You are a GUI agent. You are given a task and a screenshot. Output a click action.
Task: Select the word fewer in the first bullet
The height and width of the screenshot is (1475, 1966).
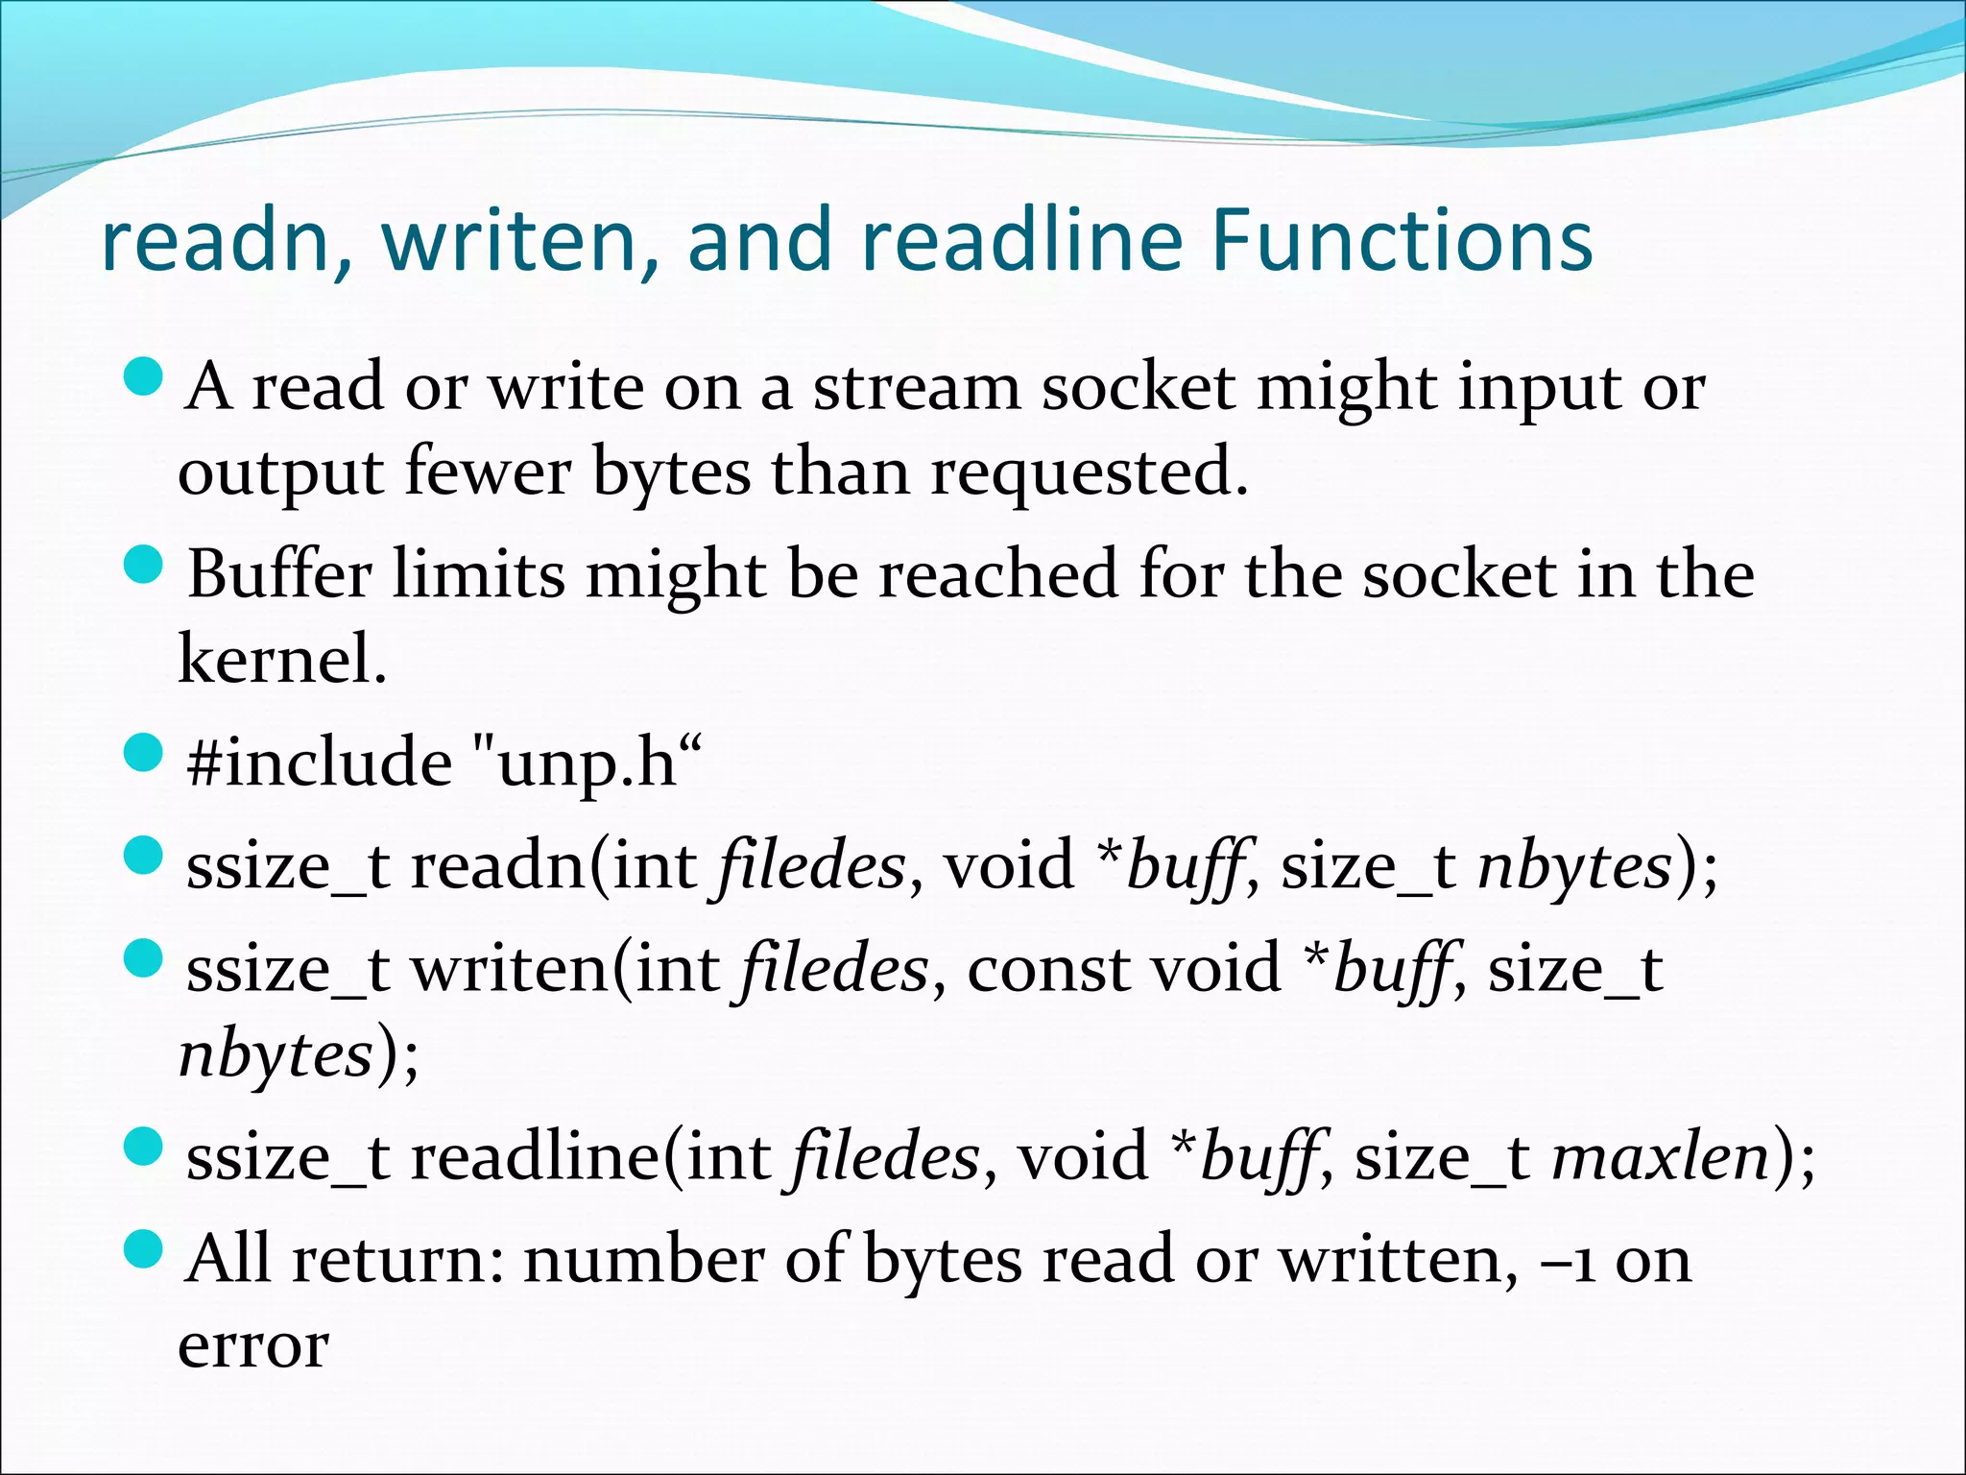[x=488, y=472]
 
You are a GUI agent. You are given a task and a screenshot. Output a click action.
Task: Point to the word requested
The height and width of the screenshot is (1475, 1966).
[x=1089, y=474]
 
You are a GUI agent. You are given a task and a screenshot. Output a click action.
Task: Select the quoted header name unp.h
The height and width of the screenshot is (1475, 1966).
[x=587, y=764]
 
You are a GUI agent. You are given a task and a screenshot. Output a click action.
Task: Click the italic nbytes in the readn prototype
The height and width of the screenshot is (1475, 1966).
[x=1575, y=865]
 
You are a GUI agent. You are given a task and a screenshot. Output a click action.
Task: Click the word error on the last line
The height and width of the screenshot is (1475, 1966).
[x=253, y=1345]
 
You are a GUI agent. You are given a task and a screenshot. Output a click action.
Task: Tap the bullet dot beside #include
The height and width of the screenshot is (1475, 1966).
[x=145, y=753]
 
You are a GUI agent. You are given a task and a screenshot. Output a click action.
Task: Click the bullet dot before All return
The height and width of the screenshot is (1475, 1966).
[x=145, y=1249]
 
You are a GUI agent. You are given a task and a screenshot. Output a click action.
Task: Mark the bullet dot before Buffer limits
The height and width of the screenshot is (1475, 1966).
[x=145, y=565]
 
